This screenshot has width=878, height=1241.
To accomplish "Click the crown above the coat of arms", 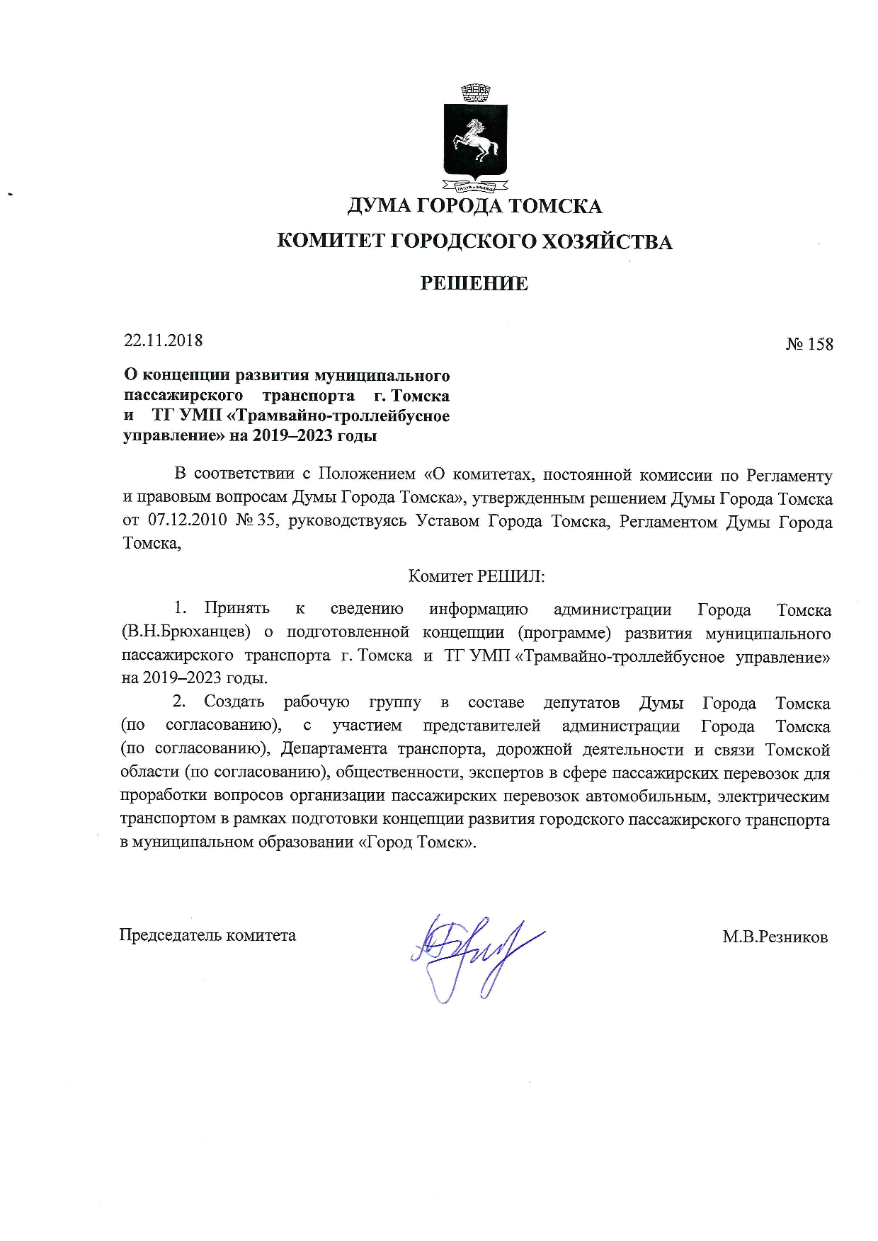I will [x=475, y=92].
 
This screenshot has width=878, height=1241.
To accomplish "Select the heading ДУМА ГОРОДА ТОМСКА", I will [x=474, y=206].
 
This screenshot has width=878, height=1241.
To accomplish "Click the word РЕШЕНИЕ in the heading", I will [x=474, y=283].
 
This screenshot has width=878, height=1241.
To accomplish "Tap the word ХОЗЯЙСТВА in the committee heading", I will [x=606, y=242].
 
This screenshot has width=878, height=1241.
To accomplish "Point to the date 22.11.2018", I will [x=164, y=341].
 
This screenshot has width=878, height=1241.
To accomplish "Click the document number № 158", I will [x=809, y=344].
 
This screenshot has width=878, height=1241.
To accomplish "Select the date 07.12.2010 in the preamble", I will [x=188, y=521].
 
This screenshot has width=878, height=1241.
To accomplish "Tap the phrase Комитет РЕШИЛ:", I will [x=477, y=576].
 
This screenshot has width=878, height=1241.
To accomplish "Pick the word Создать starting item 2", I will [x=234, y=702].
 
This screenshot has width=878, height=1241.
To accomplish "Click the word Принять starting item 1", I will [x=237, y=608].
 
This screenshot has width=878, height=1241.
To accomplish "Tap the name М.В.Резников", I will [x=775, y=937].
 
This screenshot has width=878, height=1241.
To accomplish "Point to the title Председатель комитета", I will [x=207, y=935].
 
